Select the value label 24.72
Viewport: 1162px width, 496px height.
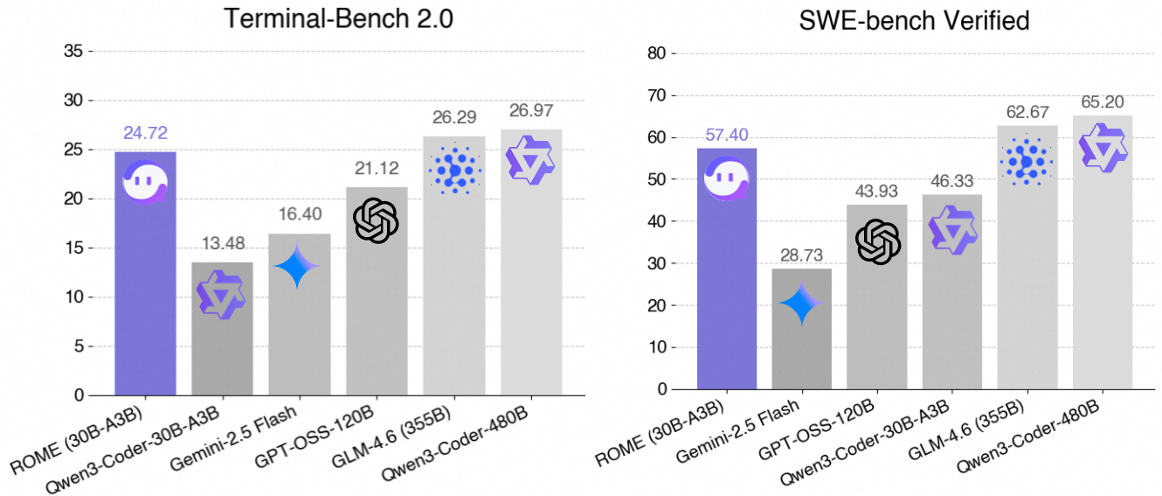pos(144,134)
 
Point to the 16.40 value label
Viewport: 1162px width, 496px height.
pos(299,215)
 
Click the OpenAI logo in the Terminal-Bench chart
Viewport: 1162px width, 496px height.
pos(376,219)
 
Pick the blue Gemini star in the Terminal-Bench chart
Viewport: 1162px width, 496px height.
pos(298,266)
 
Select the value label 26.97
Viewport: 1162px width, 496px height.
pos(530,111)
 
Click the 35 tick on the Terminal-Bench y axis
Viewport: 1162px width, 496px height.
pos(73,52)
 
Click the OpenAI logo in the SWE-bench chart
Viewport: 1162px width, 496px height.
pos(877,241)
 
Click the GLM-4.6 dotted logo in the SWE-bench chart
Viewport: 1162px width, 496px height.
pos(1027,161)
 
